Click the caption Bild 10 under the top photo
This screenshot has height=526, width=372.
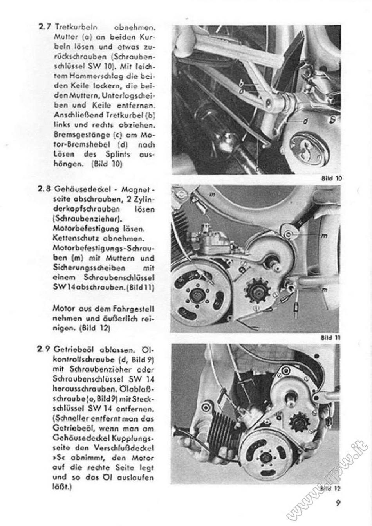click(x=331, y=178)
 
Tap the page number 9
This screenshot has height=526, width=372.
click(x=338, y=503)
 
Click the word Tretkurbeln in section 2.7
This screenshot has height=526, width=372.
click(x=76, y=27)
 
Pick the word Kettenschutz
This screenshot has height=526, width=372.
click(x=77, y=239)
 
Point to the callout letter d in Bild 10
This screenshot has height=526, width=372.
click(x=306, y=121)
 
